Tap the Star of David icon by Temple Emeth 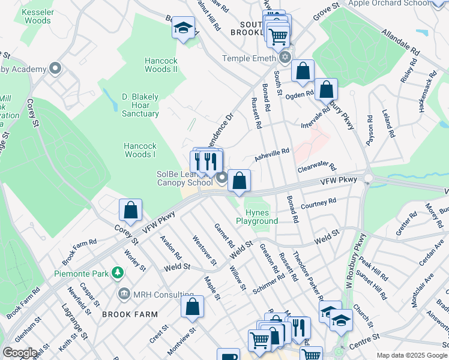pyautogui.click(x=285, y=58)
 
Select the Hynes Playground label pyautogui.click(x=261, y=217)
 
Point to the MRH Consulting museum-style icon pyautogui.click(x=125, y=293)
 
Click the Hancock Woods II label pyautogui.click(x=161, y=65)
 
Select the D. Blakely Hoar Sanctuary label pyautogui.click(x=140, y=105)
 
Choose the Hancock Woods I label pyautogui.click(x=140, y=150)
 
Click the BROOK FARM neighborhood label pyautogui.click(x=130, y=314)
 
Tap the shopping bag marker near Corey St pyautogui.click(x=130, y=211)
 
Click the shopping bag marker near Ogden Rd pyautogui.click(x=326, y=90)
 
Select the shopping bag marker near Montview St pyautogui.click(x=192, y=307)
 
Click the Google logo pyautogui.click(x=20, y=353)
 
